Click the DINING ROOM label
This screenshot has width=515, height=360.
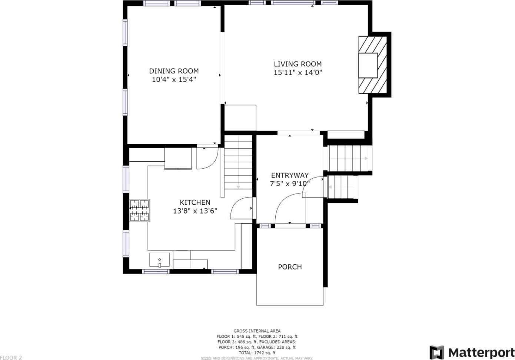174,71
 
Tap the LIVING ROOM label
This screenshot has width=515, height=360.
298,64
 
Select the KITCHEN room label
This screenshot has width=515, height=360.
195,202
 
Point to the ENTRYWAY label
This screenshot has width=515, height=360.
290,175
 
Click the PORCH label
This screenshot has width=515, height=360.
290,267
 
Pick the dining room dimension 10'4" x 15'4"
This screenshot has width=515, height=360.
174,80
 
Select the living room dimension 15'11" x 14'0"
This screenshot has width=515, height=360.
298,73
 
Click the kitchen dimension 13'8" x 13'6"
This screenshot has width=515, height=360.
195,211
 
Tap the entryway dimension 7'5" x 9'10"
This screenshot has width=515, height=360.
290,184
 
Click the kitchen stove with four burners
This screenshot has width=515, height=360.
140,211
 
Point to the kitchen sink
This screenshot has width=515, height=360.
160,260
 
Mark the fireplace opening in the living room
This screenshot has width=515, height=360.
368,65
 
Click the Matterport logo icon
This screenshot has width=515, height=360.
437,352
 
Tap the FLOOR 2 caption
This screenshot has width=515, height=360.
11,358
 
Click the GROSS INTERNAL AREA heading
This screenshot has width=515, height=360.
257,331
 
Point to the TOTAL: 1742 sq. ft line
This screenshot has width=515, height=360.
257,353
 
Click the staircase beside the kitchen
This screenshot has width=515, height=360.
238,162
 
